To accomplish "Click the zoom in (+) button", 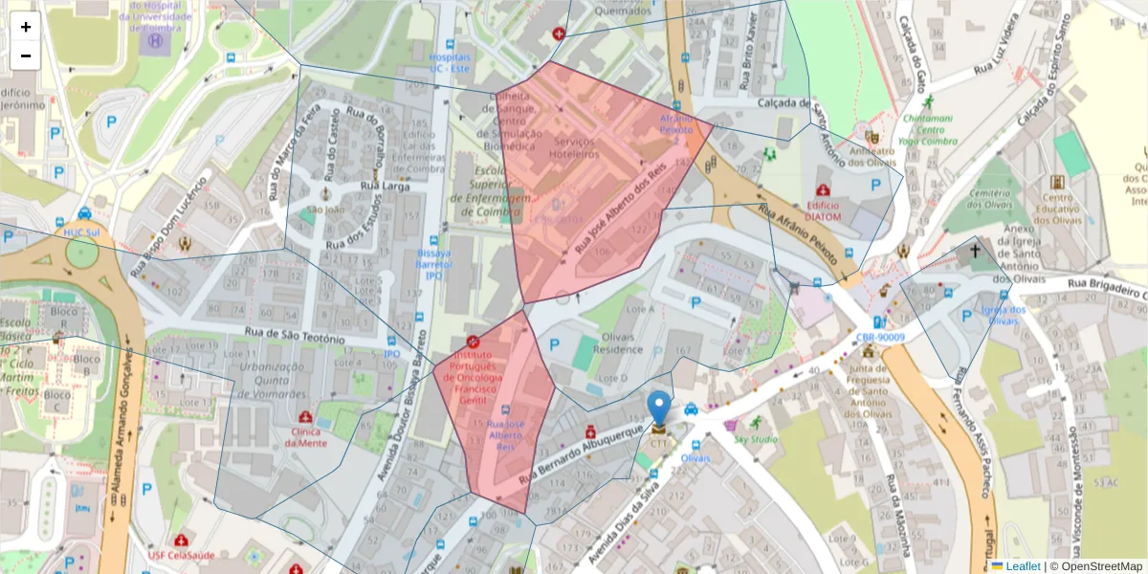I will (x=26, y=27).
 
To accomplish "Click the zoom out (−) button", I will (x=26, y=55).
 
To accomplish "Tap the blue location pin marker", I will (x=659, y=408).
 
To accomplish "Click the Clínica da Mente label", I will (x=305, y=436).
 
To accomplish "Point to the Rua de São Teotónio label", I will (x=294, y=336).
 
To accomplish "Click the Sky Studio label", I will (x=756, y=439).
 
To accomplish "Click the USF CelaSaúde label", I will (x=181, y=556).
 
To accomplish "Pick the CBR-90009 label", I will (x=880, y=337).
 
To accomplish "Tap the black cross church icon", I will (x=975, y=251).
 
